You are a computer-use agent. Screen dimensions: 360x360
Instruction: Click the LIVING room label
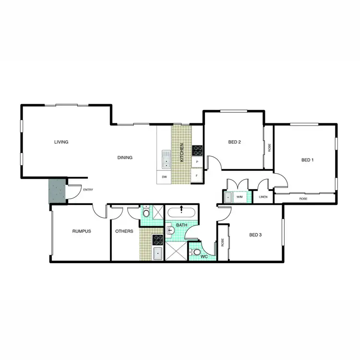point(61,142)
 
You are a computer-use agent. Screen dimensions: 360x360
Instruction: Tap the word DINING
point(125,157)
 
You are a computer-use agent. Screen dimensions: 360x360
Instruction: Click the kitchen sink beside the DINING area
point(166,159)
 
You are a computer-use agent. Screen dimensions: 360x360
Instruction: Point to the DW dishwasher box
point(164,177)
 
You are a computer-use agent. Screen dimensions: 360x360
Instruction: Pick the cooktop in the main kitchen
point(197,151)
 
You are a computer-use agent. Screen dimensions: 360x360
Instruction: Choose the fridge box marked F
point(197,177)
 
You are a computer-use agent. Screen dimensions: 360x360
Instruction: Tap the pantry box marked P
point(197,163)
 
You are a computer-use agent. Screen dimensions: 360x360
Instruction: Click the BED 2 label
point(234,142)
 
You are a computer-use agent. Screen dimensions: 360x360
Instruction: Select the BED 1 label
point(307,160)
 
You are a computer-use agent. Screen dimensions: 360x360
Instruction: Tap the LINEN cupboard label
point(263,197)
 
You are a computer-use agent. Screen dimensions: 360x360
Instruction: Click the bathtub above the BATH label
point(181,212)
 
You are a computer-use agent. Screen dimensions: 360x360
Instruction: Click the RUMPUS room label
point(82,231)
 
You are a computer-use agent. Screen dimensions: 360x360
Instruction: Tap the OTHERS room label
point(124,231)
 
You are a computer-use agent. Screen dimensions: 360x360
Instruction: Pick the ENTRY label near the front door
point(88,190)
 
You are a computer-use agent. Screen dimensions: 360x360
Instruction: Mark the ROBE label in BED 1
point(303,198)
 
